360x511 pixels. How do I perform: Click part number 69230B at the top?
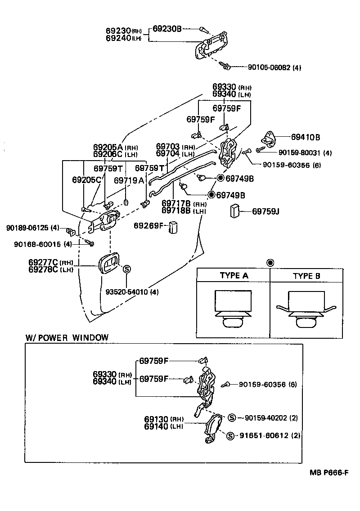coord(167,29)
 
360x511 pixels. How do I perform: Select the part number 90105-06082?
coord(269,67)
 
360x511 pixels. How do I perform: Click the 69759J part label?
coord(265,211)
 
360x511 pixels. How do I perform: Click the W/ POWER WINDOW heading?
coord(67,337)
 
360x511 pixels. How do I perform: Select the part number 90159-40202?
coord(266,418)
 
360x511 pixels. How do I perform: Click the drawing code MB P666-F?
coord(329,472)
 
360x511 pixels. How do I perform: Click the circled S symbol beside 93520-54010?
coord(127,269)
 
